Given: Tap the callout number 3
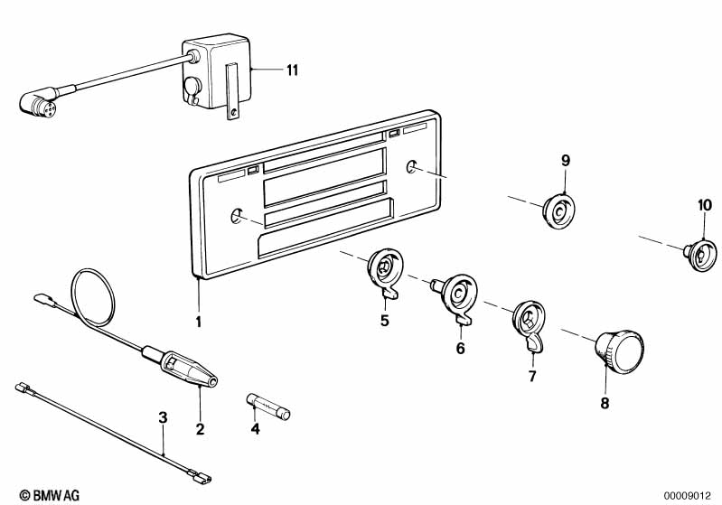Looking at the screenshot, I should pos(163,417).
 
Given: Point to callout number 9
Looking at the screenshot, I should pos(566,160).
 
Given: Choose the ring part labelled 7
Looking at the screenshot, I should pos(527,322).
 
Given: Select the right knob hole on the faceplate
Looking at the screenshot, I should pos(412,167).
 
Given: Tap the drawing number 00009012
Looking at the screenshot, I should pos(689,495).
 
